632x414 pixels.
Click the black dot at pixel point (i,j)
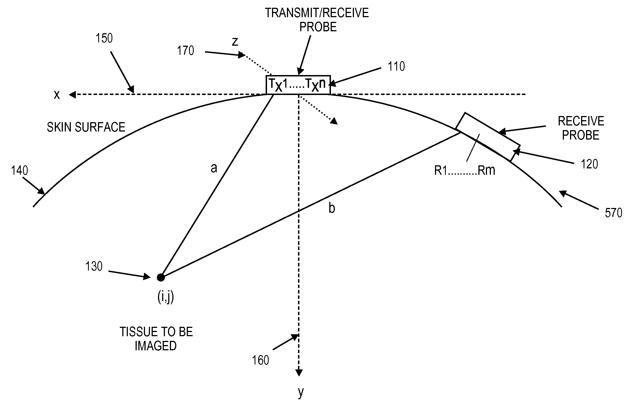click(x=161, y=277)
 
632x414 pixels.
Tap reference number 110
click(x=396, y=67)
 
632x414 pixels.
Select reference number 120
click(x=589, y=164)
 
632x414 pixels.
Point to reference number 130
click(x=94, y=267)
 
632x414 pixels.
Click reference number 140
click(x=19, y=171)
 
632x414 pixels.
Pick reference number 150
click(x=104, y=38)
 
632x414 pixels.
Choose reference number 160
click(x=260, y=360)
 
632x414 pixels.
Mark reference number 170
click(x=185, y=51)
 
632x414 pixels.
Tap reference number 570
click(x=613, y=213)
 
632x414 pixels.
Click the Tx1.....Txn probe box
click(x=298, y=85)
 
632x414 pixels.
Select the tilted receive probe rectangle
click(x=488, y=137)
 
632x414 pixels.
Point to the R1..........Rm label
click(x=465, y=171)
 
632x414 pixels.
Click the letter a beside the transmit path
click(x=214, y=168)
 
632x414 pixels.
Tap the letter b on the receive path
click(x=331, y=208)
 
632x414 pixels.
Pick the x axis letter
click(x=57, y=95)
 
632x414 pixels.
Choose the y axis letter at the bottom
click(x=301, y=392)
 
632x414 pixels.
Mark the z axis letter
click(x=235, y=42)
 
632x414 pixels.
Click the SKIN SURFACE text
click(x=86, y=127)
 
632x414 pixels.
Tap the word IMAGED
click(x=156, y=346)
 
